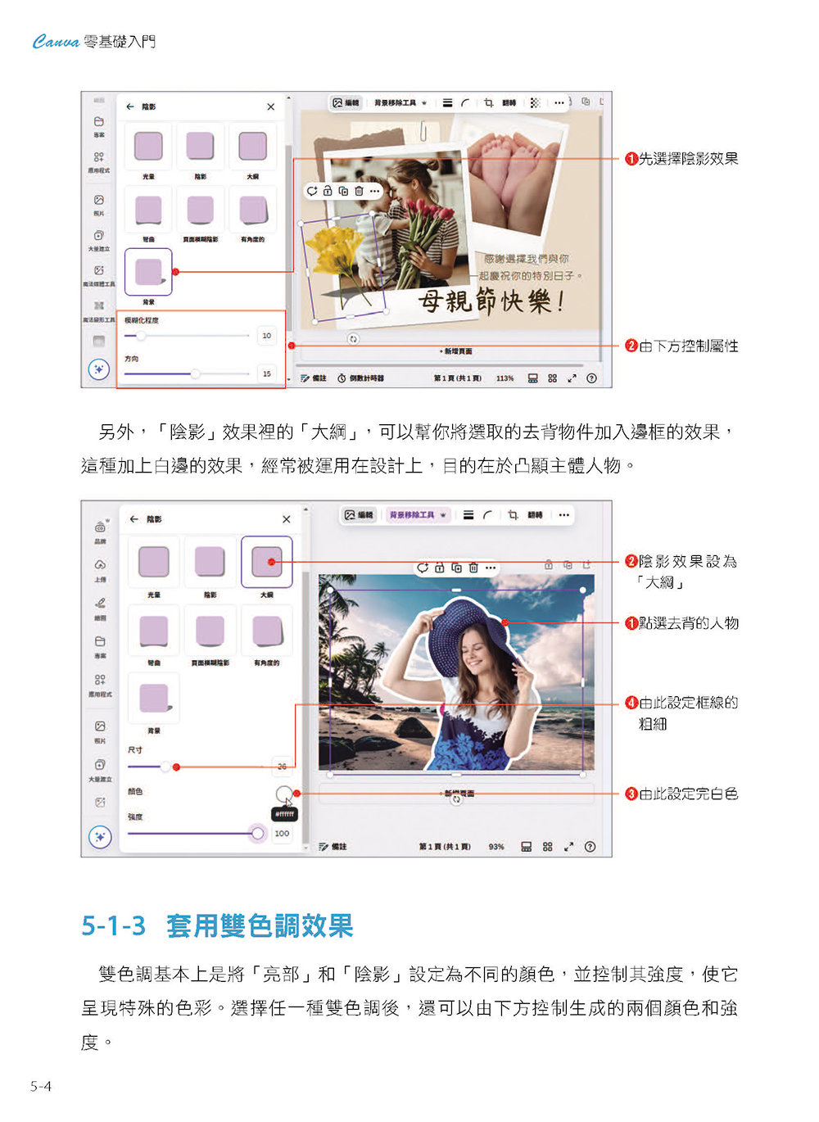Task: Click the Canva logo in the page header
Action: pos(56,42)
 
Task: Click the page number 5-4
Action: pos(41,1087)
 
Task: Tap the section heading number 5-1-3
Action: pos(113,926)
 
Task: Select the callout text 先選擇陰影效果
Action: pos(688,159)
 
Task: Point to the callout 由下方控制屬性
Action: pos(688,346)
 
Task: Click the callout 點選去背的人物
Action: pos(688,623)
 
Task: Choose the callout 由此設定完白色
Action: pos(688,794)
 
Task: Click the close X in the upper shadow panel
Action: pos(271,107)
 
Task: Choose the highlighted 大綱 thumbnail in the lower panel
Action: pos(266,562)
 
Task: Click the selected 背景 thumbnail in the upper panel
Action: pos(148,271)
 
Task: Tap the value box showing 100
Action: pos(282,834)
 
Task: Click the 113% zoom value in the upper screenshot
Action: pos(505,378)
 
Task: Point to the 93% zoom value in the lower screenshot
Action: pos(496,847)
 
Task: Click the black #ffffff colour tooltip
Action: pos(284,815)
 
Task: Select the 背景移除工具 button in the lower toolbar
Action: pos(418,515)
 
